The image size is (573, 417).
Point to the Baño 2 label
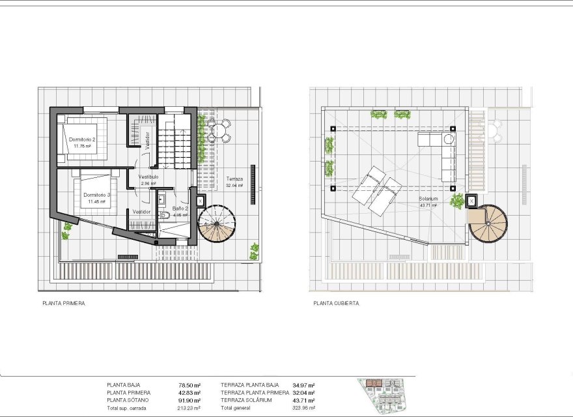click(x=180, y=208)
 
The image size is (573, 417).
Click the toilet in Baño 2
click(x=166, y=215)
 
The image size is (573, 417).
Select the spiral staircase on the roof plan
click(x=488, y=223)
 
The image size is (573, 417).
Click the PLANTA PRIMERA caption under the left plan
click(x=64, y=303)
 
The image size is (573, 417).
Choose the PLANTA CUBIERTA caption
click(x=336, y=303)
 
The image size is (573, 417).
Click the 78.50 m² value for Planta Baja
click(x=189, y=385)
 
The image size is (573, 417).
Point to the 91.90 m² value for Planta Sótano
click(x=189, y=400)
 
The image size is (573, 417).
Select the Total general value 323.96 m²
click(x=303, y=408)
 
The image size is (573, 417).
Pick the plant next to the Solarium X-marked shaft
click(x=458, y=201)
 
